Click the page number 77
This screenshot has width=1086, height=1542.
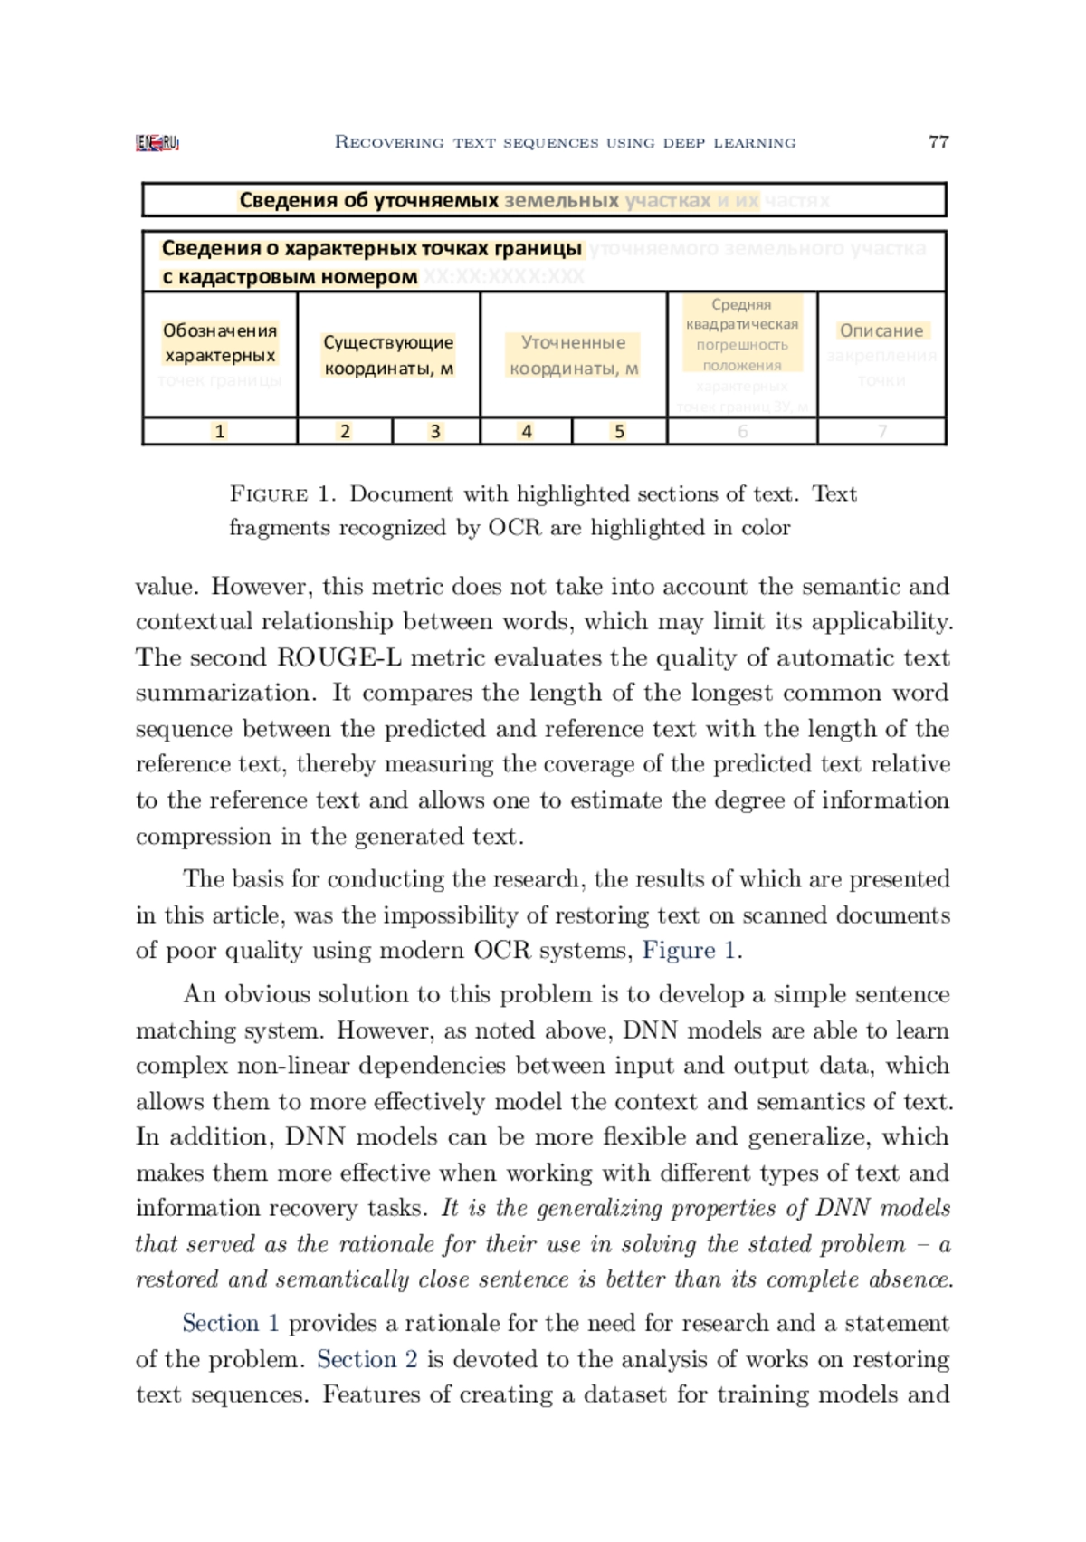click(x=938, y=141)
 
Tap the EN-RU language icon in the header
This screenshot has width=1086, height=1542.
click(x=157, y=142)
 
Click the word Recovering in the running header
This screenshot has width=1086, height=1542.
click(x=388, y=142)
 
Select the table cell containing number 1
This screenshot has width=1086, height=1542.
click(x=219, y=432)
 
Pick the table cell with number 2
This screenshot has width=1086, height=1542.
click(x=345, y=432)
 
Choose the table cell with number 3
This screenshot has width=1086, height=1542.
click(x=435, y=432)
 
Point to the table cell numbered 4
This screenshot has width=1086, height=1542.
click(x=526, y=432)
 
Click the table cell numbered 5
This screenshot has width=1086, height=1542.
click(x=620, y=432)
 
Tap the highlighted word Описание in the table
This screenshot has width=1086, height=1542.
click(x=881, y=330)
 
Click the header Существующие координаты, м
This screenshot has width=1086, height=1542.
click(x=388, y=355)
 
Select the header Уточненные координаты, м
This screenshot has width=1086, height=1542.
click(x=574, y=355)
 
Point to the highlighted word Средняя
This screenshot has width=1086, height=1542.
click(x=741, y=304)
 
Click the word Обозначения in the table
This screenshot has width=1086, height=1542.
click(x=220, y=330)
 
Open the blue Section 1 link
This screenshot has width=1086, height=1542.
click(x=230, y=1324)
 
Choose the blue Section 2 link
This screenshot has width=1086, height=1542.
click(x=367, y=1360)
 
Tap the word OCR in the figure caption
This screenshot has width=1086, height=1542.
click(x=515, y=528)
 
